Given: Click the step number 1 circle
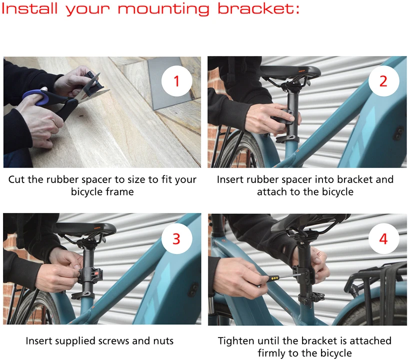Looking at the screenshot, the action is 176,81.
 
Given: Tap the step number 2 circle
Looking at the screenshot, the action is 383,81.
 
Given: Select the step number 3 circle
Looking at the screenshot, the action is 176,238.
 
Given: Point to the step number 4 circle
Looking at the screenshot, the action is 383,238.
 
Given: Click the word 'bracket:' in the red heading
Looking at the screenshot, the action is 258,8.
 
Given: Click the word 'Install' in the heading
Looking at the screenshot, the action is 29,8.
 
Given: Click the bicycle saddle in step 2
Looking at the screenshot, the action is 290,71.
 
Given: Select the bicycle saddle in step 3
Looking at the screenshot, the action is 85,229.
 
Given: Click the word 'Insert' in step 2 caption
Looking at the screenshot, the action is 230,179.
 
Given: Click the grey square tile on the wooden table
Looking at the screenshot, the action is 169,83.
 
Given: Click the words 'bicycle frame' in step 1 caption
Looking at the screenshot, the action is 102,191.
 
